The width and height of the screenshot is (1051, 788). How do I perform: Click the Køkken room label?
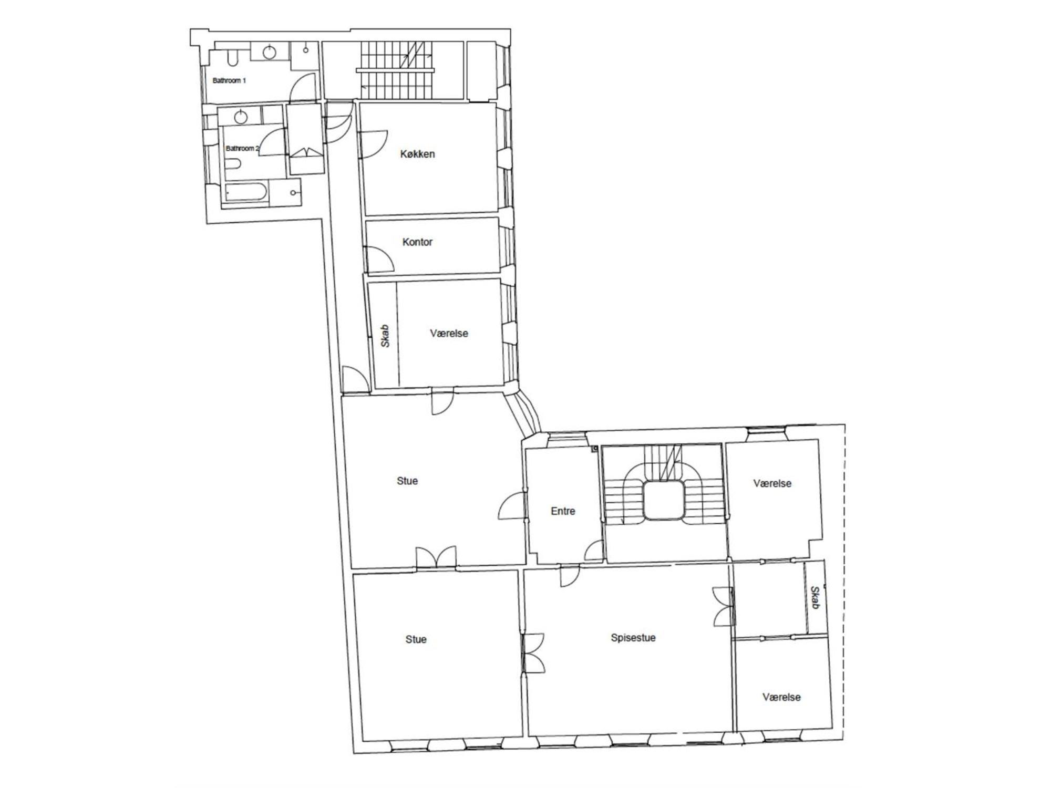417,154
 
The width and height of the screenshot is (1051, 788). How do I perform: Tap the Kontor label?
417,242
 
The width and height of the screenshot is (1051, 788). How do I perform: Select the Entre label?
563,511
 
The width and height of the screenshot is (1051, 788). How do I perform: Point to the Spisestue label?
633,638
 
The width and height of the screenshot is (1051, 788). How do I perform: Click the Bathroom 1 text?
229,80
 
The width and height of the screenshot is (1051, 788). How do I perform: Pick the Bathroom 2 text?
242,148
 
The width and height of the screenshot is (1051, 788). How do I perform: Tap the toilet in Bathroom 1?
233,57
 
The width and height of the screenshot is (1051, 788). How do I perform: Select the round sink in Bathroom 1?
269,51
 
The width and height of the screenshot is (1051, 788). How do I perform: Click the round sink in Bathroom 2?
241,117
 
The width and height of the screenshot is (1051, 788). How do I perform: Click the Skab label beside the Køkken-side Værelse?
385,336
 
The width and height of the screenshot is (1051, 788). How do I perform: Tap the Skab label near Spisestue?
815,598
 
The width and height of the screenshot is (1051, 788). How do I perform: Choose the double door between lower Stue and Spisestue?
533,653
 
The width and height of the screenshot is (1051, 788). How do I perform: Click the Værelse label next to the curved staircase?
772,483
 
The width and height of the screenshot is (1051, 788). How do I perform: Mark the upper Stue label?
407,481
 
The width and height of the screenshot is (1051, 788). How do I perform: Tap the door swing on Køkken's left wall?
373,144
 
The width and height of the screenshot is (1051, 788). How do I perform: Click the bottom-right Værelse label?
781,697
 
